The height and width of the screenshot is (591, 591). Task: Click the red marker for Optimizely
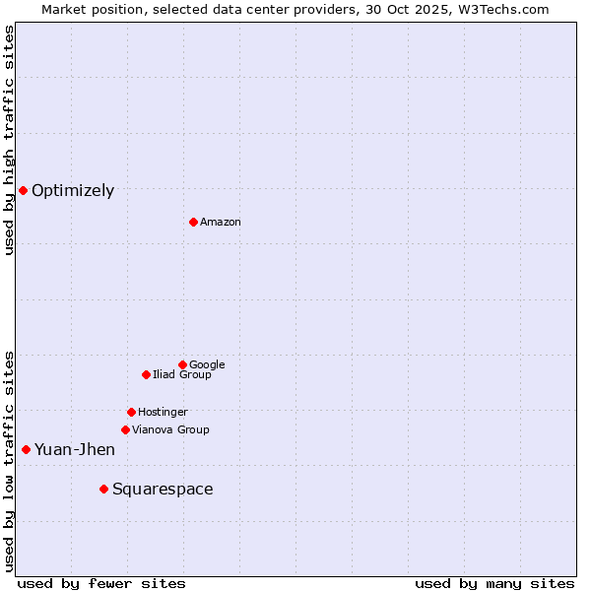pyautogui.click(x=23, y=190)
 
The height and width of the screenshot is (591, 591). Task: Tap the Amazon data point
pyautogui.click(x=193, y=222)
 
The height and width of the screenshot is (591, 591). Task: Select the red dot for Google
pyautogui.click(x=182, y=364)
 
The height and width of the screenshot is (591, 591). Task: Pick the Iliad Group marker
pyautogui.click(x=146, y=374)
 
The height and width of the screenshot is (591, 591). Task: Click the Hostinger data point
pyautogui.click(x=131, y=412)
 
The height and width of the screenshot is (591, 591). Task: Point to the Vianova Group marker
pyautogui.click(x=125, y=429)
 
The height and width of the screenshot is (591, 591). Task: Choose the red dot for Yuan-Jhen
pyautogui.click(x=26, y=449)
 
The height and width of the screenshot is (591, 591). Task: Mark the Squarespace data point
pyautogui.click(x=103, y=489)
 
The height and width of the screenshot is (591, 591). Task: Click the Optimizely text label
pyautogui.click(x=73, y=191)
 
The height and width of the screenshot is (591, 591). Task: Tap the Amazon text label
pyautogui.click(x=221, y=223)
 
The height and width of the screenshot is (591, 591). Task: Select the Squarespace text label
pyautogui.click(x=163, y=490)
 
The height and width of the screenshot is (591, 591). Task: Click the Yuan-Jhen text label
pyautogui.click(x=75, y=450)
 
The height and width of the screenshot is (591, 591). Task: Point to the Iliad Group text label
pyautogui.click(x=182, y=375)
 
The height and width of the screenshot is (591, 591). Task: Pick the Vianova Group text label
pyautogui.click(x=170, y=430)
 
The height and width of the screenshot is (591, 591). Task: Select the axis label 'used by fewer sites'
pyautogui.click(x=101, y=583)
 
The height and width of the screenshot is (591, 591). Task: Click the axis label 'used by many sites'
pyautogui.click(x=494, y=583)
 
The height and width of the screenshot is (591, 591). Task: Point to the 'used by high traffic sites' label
pyautogui.click(x=9, y=140)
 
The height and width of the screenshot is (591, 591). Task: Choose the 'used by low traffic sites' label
pyautogui.click(x=9, y=460)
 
